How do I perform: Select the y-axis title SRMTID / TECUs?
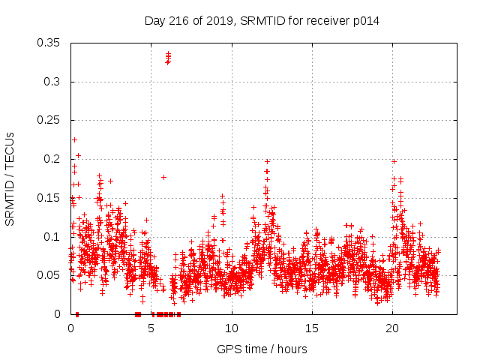click(x=10, y=178)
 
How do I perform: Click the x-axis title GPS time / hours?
click(x=262, y=349)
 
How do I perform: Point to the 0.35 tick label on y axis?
click(x=49, y=43)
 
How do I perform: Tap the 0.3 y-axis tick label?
click(x=52, y=82)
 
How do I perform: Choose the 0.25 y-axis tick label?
click(x=49, y=120)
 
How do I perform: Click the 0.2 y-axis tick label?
click(x=52, y=159)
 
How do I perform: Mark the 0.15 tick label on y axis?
click(x=49, y=198)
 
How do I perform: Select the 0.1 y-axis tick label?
click(x=52, y=237)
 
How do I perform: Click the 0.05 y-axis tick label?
click(x=49, y=275)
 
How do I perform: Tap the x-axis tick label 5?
click(x=151, y=328)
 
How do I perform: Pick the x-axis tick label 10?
click(x=232, y=328)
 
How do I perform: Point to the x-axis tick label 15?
click(x=312, y=328)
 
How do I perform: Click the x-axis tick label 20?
click(x=392, y=328)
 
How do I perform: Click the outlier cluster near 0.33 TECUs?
click(x=168, y=58)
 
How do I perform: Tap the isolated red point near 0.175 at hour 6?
click(x=163, y=177)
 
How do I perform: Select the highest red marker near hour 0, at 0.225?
click(x=74, y=139)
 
